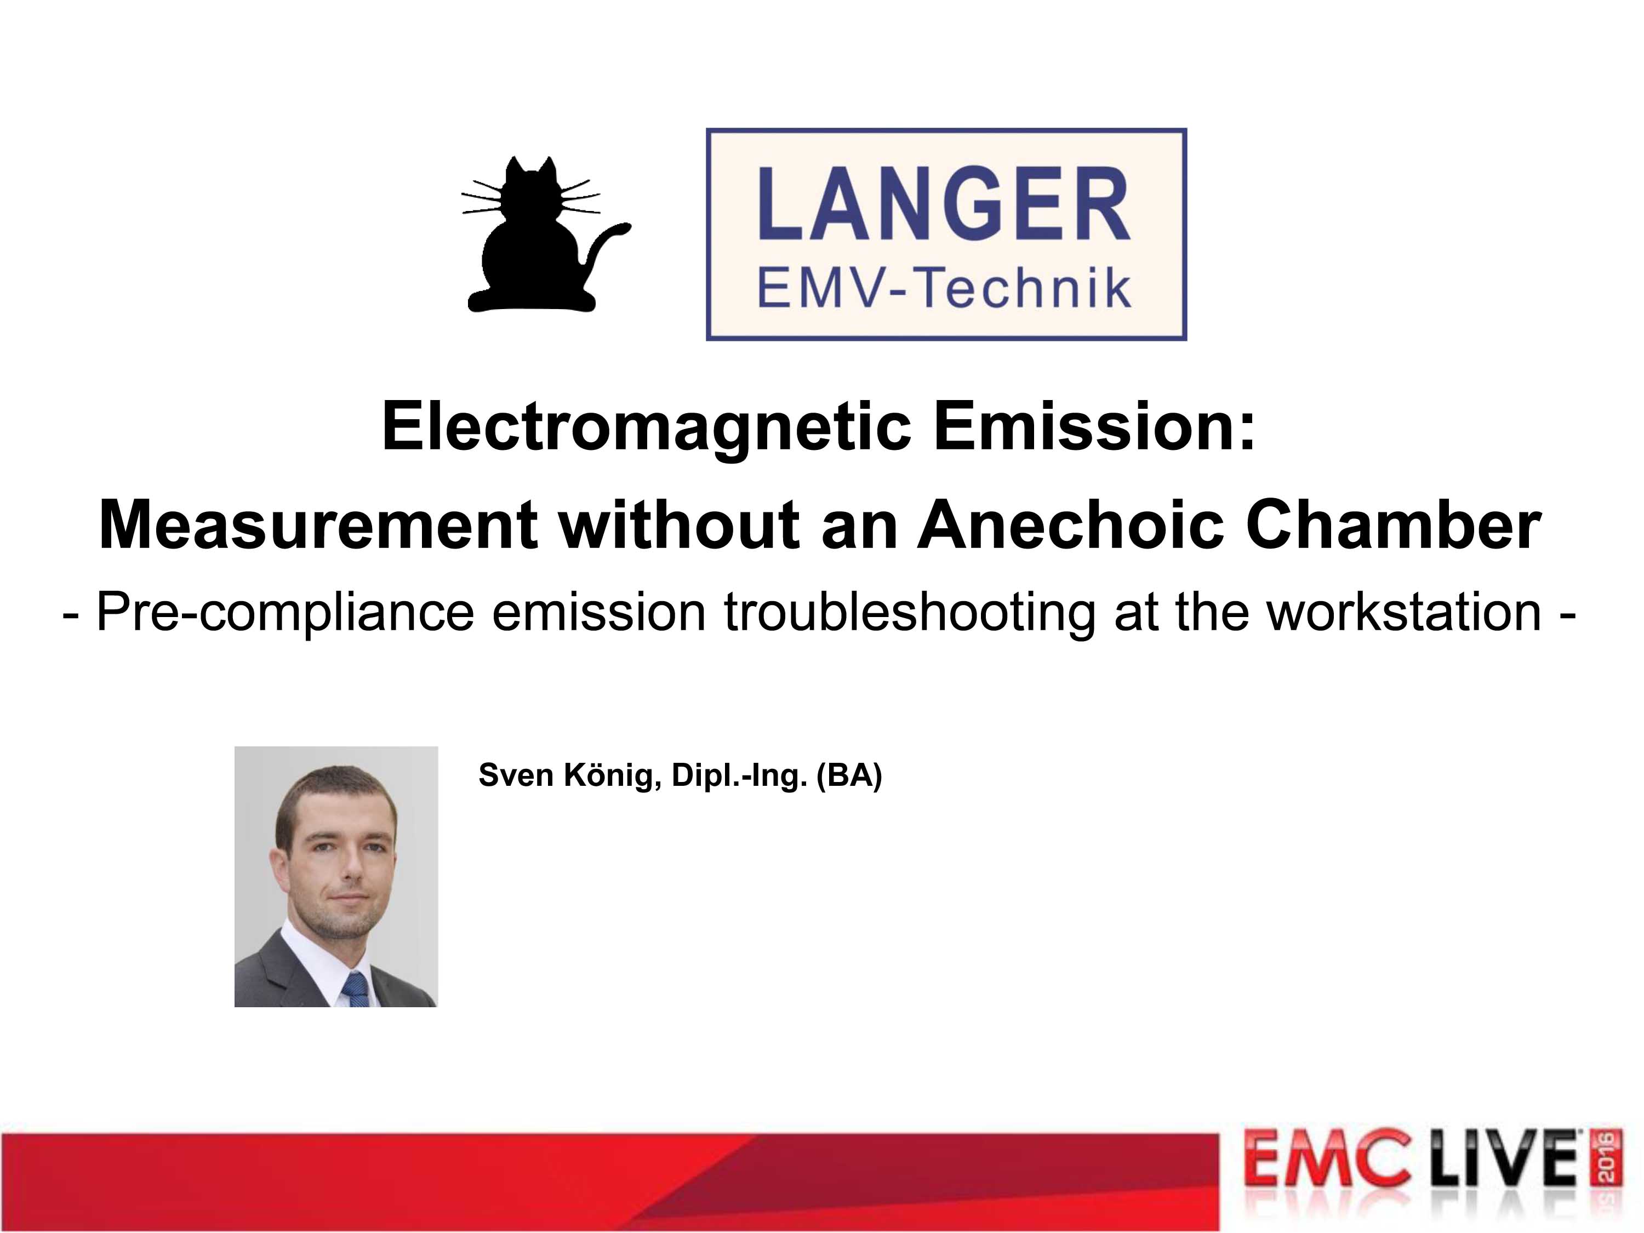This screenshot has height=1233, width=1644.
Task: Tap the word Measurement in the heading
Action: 318,526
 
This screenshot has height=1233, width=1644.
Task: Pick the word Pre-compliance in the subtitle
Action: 286,614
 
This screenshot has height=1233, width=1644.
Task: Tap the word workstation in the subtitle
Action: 1404,613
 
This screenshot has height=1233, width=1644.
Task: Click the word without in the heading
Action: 680,525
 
